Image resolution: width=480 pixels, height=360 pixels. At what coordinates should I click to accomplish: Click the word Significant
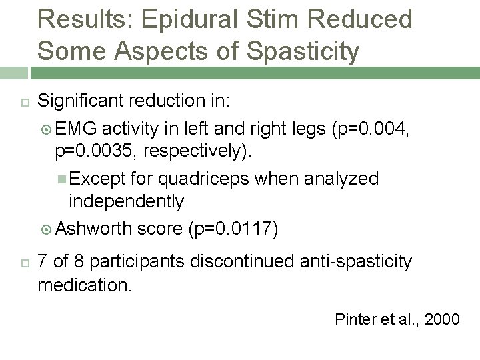click(83, 101)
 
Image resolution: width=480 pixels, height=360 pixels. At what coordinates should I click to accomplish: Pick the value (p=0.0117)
click(233, 229)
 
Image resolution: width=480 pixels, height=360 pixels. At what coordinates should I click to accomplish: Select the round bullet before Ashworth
click(46, 230)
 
